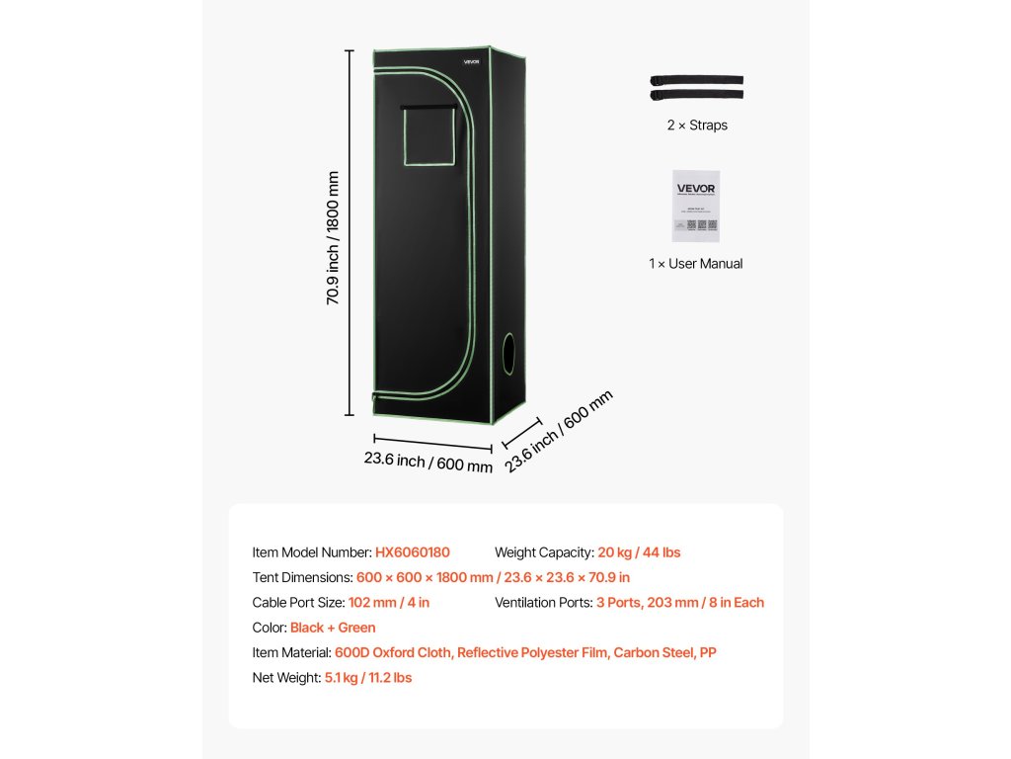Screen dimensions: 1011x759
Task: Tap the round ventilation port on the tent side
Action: pos(509,353)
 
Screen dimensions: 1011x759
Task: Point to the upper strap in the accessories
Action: pos(696,81)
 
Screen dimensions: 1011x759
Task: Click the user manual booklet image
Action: pos(696,206)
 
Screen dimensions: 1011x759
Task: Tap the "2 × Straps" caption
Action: pos(696,126)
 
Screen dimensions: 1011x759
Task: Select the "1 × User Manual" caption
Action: pos(696,264)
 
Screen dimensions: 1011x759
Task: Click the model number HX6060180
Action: pos(412,552)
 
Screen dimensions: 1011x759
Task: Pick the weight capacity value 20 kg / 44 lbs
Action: pos(639,552)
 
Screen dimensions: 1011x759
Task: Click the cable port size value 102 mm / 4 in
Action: pos(389,602)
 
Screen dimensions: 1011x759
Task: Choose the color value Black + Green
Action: pos(333,628)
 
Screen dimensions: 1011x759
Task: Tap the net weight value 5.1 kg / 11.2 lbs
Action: pos(368,678)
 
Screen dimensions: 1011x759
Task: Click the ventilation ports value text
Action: pos(680,602)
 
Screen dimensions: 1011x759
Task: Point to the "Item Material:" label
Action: pos(292,652)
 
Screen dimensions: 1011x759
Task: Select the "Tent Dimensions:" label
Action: pos(302,577)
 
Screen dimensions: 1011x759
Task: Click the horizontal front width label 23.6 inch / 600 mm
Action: pos(428,463)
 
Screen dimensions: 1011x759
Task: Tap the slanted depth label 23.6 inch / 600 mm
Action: pos(559,429)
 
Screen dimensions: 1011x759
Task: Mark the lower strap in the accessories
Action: pos(696,95)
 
